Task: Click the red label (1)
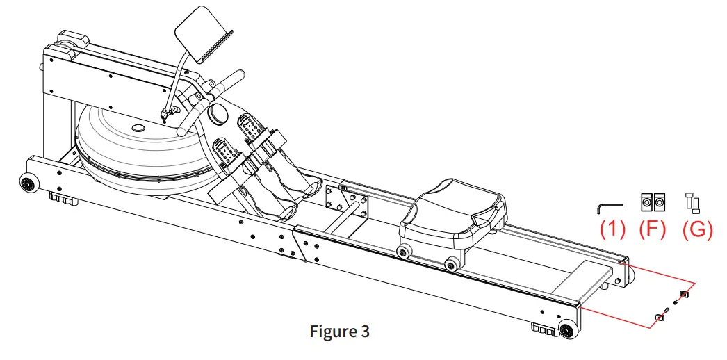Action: [612, 229]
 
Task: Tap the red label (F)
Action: [653, 229]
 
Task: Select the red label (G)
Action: [697, 229]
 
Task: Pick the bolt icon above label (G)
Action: [693, 202]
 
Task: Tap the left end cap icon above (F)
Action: [646, 202]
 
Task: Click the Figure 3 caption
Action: [339, 332]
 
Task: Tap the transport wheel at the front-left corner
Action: [28, 184]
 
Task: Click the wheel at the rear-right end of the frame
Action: [568, 330]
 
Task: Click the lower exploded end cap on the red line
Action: [659, 318]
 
